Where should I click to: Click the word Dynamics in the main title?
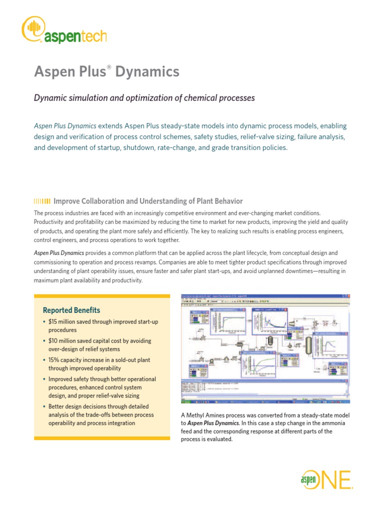pyautogui.click(x=147, y=72)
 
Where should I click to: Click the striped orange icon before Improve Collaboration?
pyautogui.click(x=41, y=201)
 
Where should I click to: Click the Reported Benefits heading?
pyautogui.click(x=71, y=310)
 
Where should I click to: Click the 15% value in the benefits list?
pyautogui.click(x=54, y=360)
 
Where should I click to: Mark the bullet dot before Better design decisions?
pyautogui.click(x=44, y=406)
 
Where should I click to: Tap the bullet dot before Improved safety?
pyautogui.click(x=44, y=379)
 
